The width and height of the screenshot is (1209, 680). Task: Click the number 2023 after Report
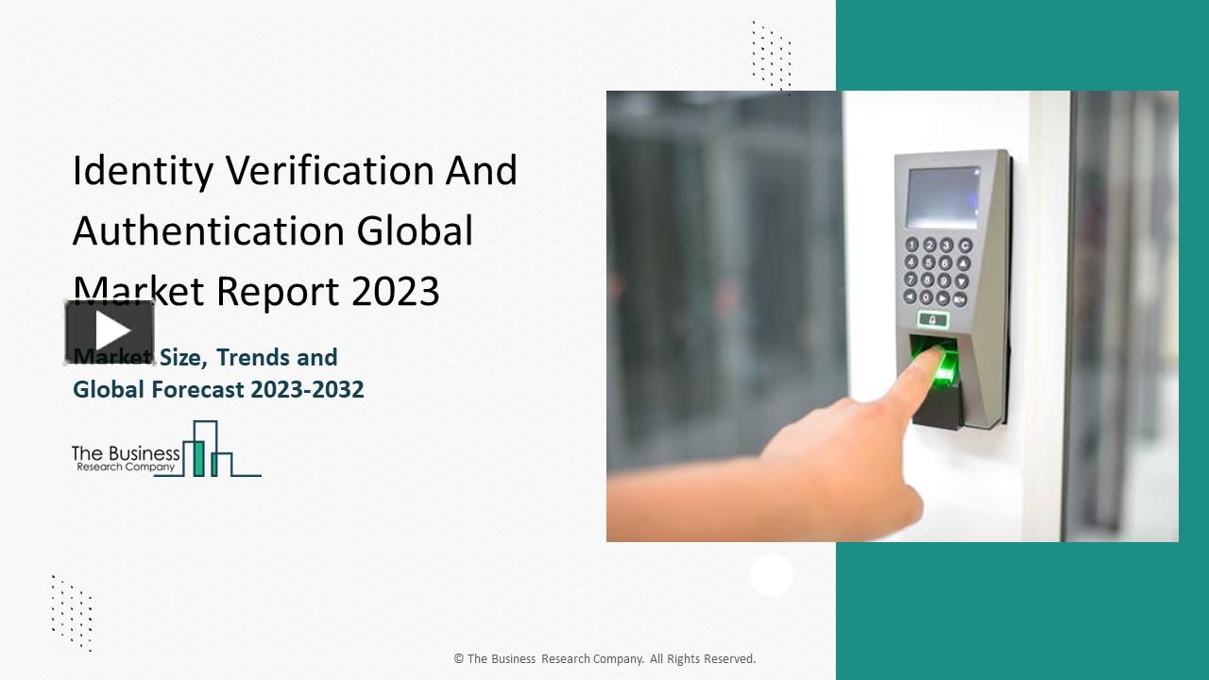point(396,292)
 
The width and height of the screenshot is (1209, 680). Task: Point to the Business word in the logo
point(141,453)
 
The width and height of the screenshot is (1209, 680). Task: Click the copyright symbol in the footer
point(458,659)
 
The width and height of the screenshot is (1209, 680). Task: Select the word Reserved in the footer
point(727,659)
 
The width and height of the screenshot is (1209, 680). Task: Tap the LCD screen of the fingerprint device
point(943,197)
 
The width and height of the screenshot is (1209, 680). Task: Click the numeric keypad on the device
point(936,272)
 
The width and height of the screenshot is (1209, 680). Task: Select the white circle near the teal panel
point(772,575)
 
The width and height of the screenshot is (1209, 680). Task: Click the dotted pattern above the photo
point(772,57)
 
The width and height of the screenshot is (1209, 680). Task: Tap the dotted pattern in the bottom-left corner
point(72,612)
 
